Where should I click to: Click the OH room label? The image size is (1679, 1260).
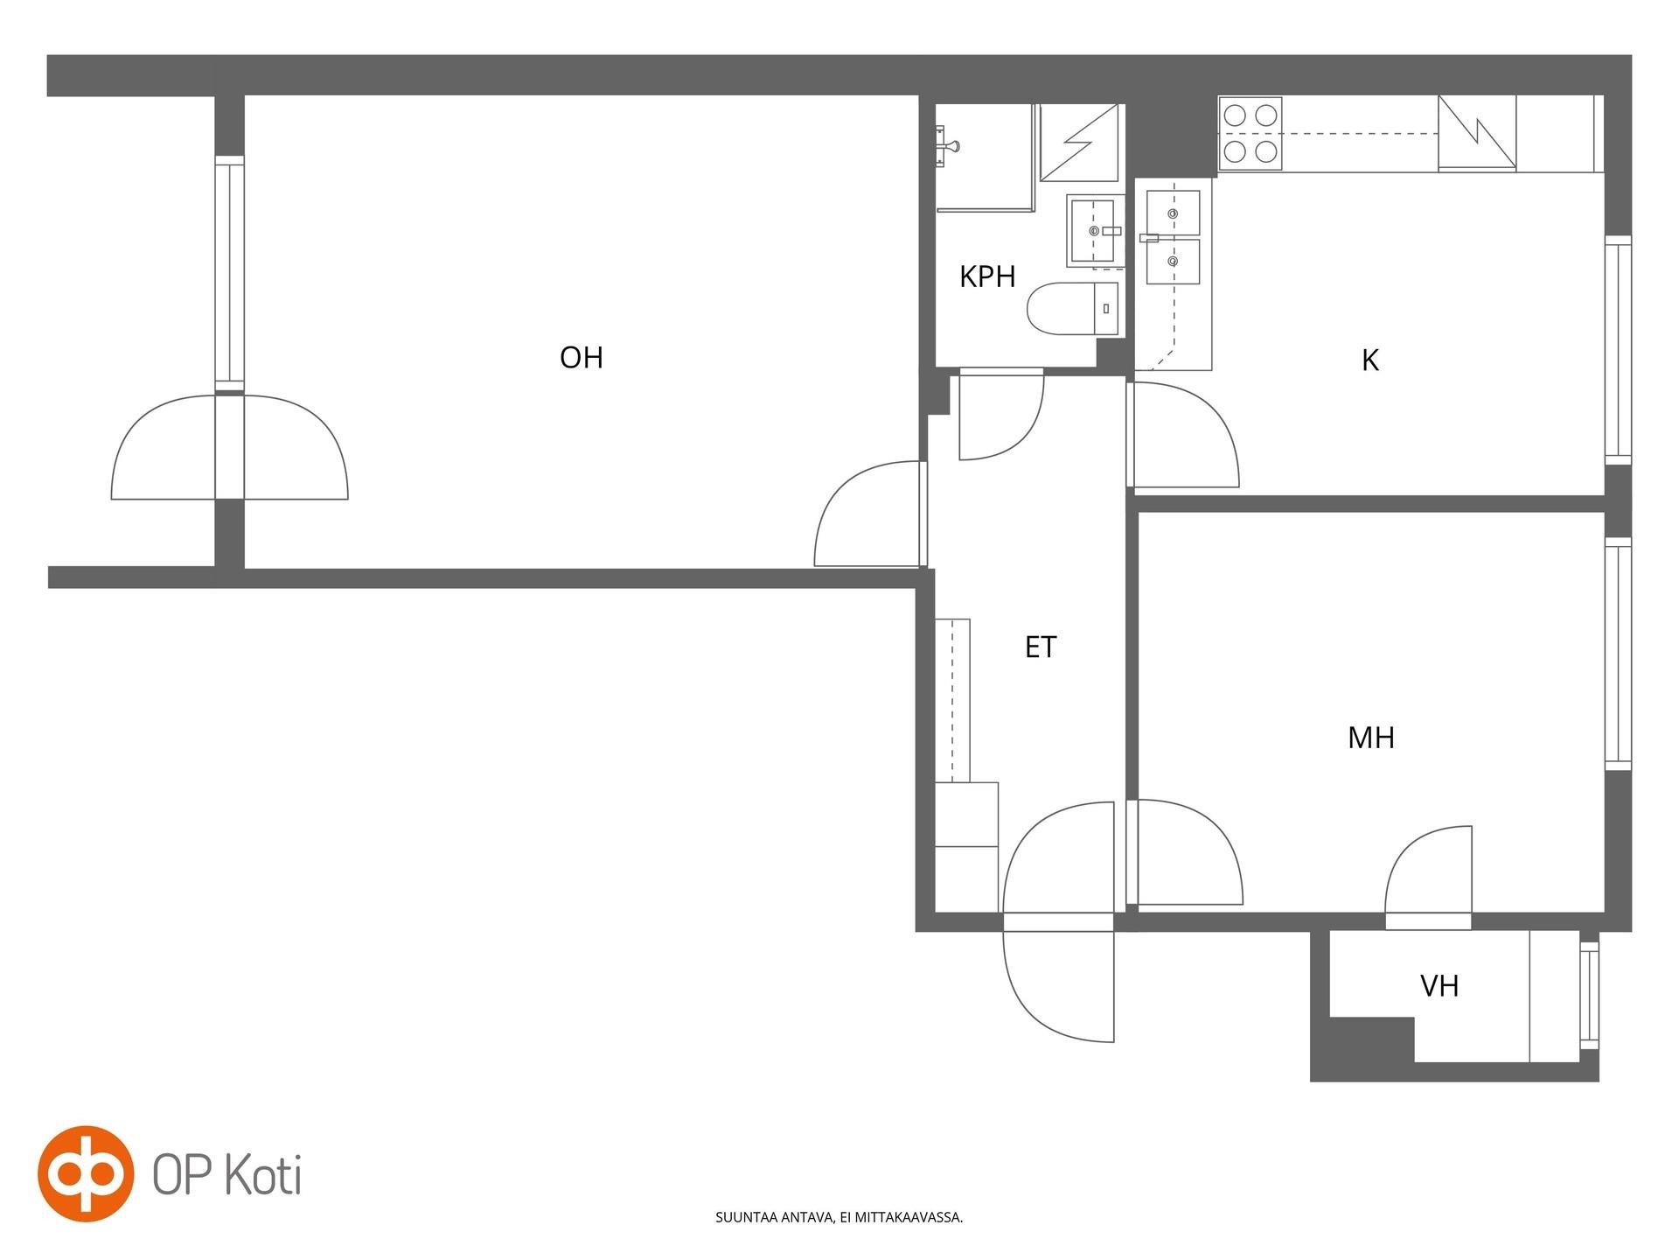[582, 357]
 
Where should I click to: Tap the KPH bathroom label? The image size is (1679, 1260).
[987, 276]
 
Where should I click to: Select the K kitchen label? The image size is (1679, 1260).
[1370, 360]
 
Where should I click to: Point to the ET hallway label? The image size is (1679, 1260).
[1041, 647]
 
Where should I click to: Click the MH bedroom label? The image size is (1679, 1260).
[1371, 738]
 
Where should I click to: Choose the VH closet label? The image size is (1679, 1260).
[1439, 986]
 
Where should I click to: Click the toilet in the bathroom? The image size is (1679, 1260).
[1072, 309]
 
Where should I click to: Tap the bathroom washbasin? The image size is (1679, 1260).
[1093, 231]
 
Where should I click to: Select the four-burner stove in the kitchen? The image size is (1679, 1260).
[1251, 134]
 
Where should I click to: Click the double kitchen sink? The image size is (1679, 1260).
[1174, 237]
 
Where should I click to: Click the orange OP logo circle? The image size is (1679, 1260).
[86, 1173]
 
